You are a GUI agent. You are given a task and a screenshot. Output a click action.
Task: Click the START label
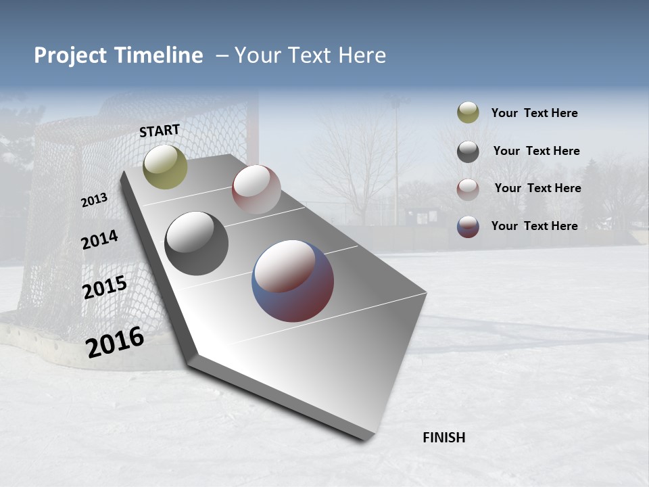tap(160, 131)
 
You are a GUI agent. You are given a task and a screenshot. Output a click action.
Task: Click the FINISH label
tap(444, 438)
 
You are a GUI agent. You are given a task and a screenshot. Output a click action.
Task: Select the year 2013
tap(95, 200)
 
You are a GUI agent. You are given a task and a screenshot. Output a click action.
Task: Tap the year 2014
tap(99, 240)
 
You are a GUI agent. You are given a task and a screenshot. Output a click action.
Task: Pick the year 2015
tap(105, 288)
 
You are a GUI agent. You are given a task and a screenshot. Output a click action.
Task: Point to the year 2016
tap(115, 342)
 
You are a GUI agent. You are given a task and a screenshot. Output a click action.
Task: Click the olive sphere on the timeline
tap(166, 167)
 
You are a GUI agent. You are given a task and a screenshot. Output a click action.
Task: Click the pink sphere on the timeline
tap(256, 189)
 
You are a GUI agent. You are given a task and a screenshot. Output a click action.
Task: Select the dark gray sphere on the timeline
tap(196, 243)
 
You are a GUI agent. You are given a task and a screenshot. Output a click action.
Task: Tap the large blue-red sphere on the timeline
tap(293, 281)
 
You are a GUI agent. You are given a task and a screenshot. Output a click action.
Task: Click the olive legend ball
tap(468, 113)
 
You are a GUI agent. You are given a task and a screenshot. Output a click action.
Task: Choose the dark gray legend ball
tap(468, 152)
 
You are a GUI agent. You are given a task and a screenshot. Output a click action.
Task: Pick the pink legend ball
tap(468, 189)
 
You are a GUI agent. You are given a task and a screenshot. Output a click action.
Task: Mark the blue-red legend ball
tap(468, 227)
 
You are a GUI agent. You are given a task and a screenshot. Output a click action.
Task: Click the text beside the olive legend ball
tap(534, 113)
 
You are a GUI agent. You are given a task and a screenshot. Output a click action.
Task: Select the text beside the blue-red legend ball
tap(534, 226)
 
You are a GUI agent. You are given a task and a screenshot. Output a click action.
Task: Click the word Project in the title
tap(70, 55)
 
